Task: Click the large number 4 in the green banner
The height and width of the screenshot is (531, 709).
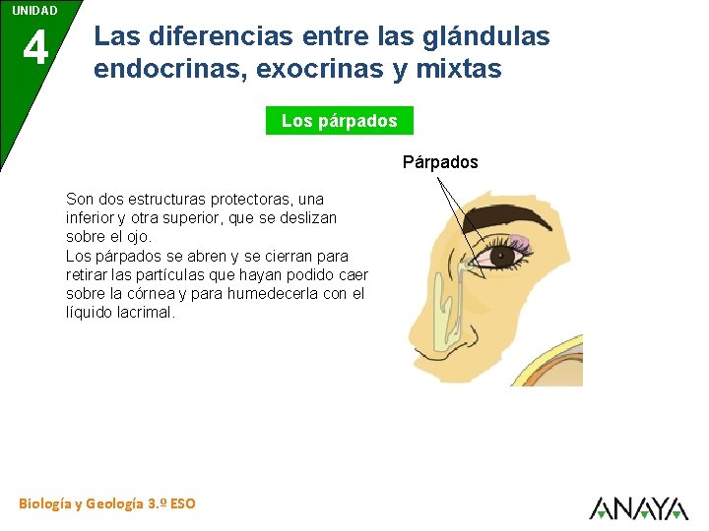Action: point(34,47)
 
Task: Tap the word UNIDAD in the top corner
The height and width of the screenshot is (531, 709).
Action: point(34,10)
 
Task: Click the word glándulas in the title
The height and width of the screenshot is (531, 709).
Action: point(486,37)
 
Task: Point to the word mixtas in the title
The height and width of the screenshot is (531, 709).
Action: point(459,70)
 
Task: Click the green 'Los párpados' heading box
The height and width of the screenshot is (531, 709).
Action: point(340,121)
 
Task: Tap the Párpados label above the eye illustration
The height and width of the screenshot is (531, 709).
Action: point(440,162)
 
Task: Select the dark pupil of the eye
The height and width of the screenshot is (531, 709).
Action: point(503,257)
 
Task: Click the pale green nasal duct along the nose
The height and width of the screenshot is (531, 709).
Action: point(449,310)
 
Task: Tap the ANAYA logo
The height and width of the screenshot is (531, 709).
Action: point(638,507)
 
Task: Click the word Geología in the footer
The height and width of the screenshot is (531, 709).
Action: point(114,503)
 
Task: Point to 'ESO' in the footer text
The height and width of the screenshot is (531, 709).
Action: point(182,503)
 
